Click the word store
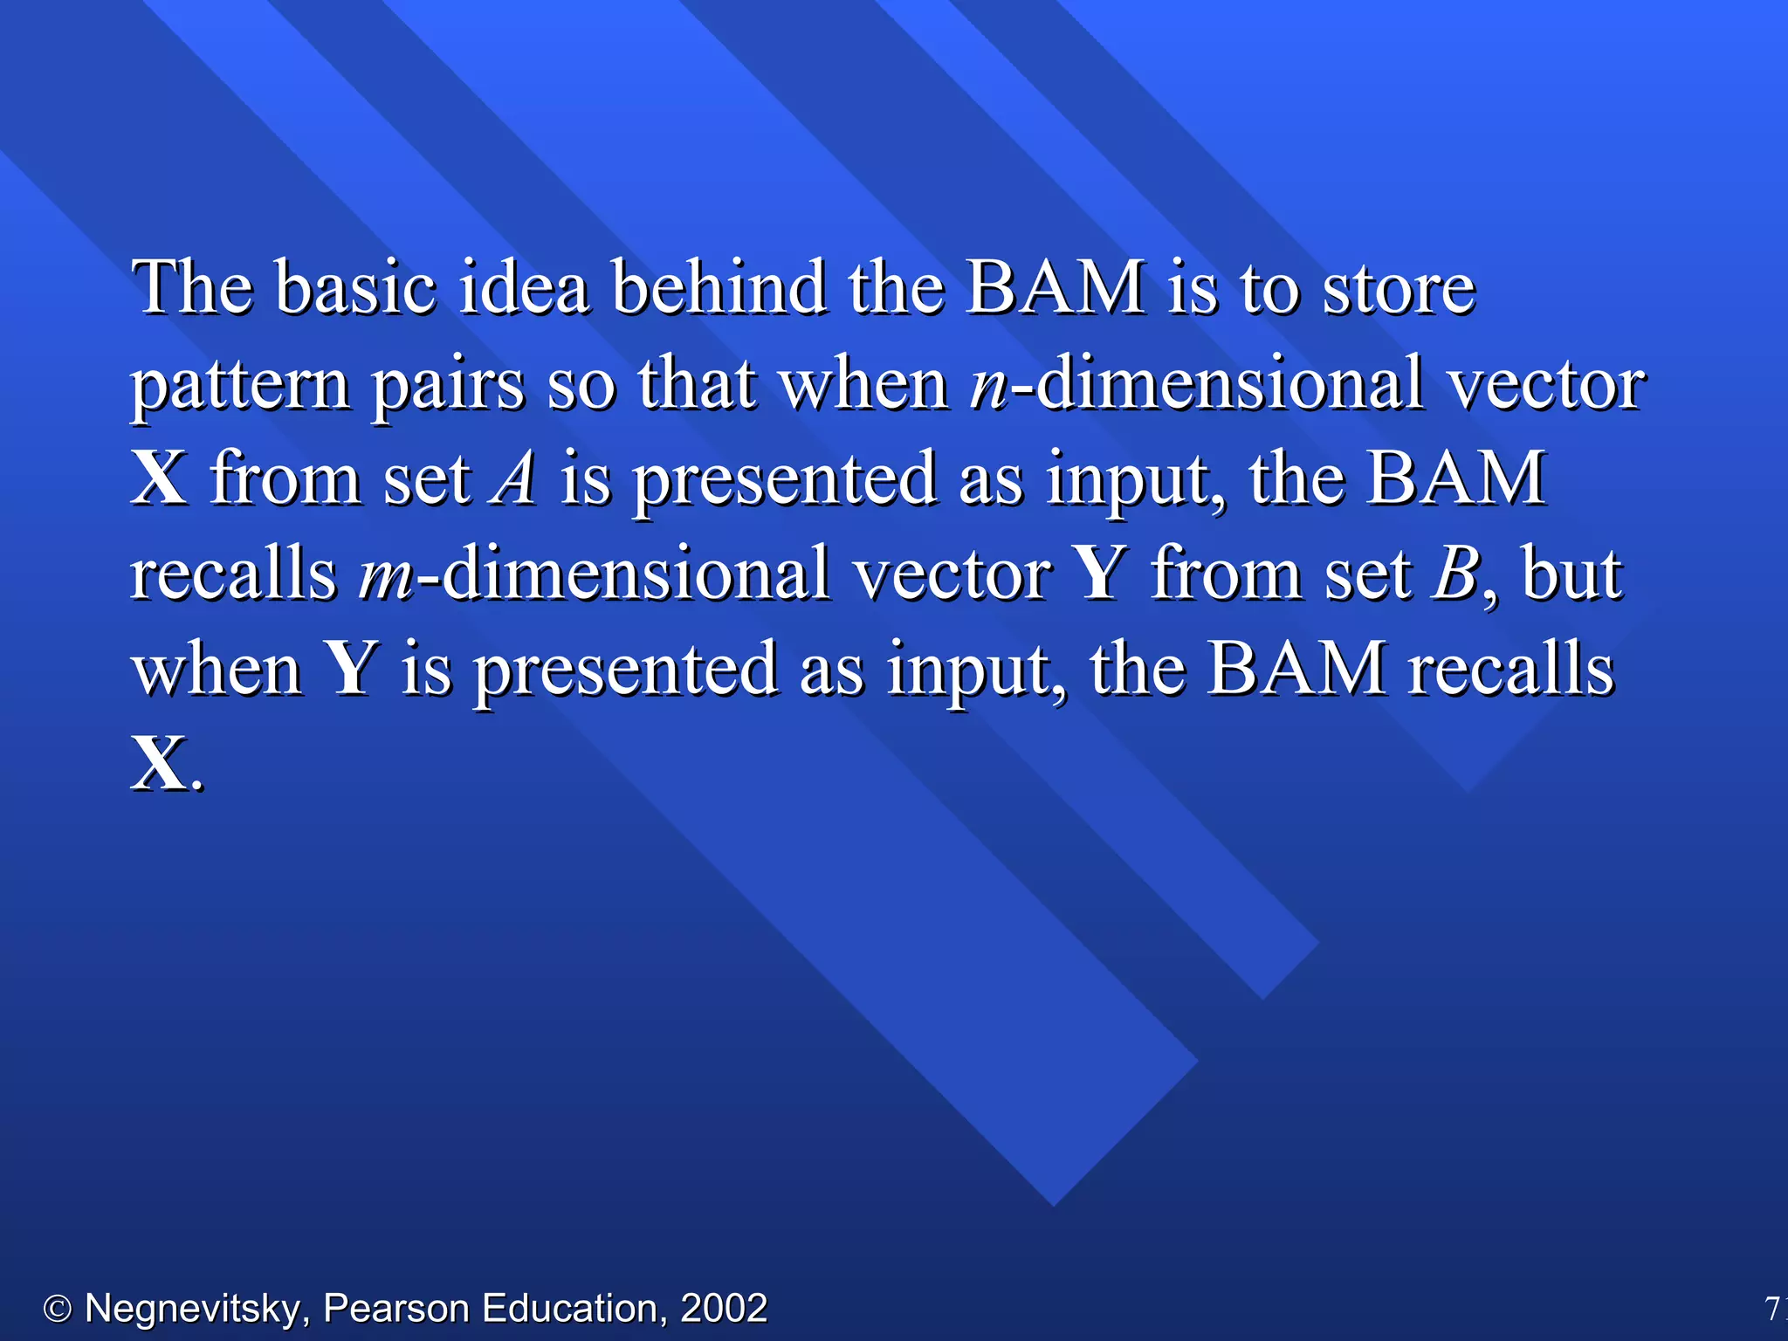click(1399, 288)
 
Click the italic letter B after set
click(1454, 574)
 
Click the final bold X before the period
click(159, 764)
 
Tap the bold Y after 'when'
click(351, 669)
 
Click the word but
click(1571, 574)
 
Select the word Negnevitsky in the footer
click(191, 1309)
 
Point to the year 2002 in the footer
click(724, 1309)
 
